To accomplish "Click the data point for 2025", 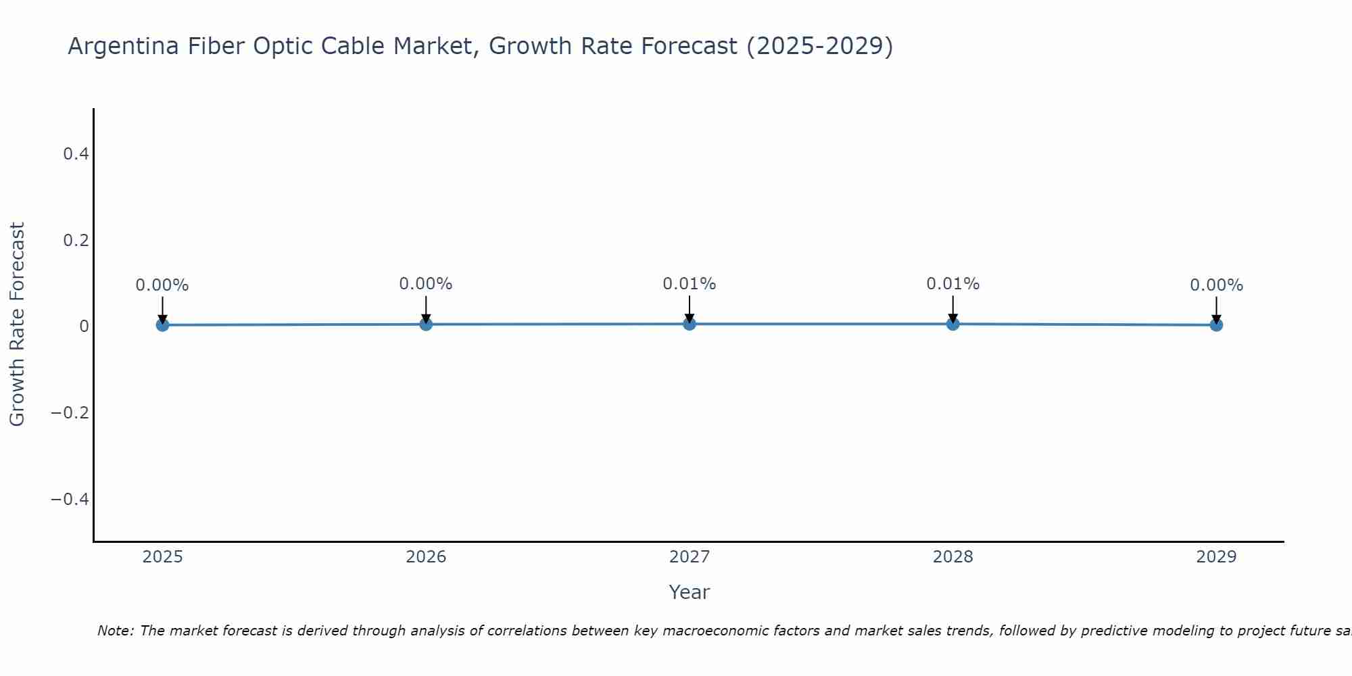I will [162, 324].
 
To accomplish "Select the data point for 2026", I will [426, 324].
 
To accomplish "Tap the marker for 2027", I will [689, 323].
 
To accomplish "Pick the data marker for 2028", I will [952, 323].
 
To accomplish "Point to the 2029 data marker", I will [1216, 324].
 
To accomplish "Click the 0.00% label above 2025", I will [162, 285].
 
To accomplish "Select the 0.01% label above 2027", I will [689, 284].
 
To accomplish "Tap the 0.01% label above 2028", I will [952, 284].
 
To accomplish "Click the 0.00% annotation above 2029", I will [1216, 285].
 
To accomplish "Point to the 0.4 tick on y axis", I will [76, 154].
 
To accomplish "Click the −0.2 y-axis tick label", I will [70, 412].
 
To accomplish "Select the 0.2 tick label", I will [76, 241].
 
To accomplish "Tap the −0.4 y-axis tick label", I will [70, 499].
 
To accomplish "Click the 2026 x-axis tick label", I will [426, 557].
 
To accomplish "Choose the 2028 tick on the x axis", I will [952, 557].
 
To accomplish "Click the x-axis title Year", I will [689, 592].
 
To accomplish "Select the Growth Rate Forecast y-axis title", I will [17, 324].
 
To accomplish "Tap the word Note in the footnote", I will [114, 631].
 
